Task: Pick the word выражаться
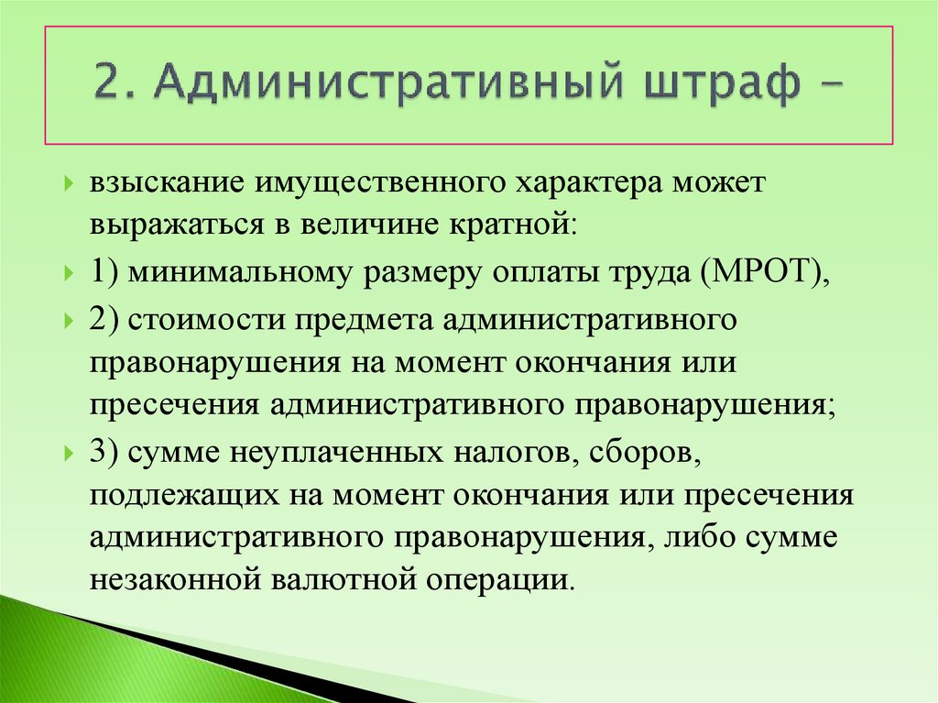pyautogui.click(x=171, y=224)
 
